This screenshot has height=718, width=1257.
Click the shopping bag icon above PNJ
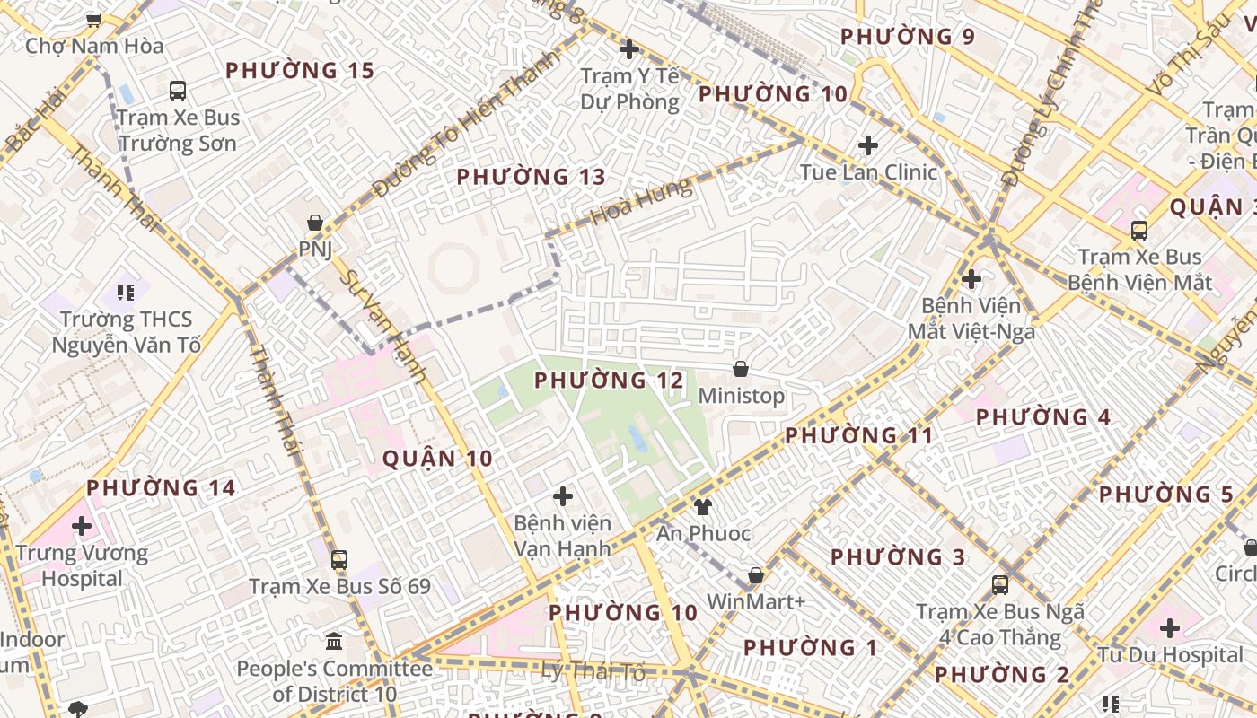point(315,223)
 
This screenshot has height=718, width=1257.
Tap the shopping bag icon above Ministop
point(741,369)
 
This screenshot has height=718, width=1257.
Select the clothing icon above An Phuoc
point(702,507)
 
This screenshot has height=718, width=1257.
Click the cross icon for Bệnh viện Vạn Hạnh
point(563,496)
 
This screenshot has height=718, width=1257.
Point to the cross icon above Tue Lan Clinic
point(868,145)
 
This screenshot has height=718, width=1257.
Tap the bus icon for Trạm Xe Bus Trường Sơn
point(178,90)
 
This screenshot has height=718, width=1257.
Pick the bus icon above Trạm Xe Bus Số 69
point(339,560)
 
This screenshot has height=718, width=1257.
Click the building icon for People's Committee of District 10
point(334,642)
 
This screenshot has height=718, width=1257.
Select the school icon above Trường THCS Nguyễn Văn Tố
point(126,292)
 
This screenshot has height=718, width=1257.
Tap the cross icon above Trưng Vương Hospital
point(82,526)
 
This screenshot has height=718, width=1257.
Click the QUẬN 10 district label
point(437,459)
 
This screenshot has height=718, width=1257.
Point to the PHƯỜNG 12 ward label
point(609,381)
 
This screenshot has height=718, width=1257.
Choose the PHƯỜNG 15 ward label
point(299,70)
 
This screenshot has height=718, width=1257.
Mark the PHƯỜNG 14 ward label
point(161,488)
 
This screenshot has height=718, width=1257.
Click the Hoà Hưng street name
point(641,202)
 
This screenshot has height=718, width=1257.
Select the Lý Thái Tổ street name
point(593,670)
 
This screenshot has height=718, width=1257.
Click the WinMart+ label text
point(756,601)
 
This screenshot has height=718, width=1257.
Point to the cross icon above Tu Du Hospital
point(1170,628)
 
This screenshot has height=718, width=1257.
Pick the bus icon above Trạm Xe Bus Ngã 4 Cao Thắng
point(1000,585)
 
